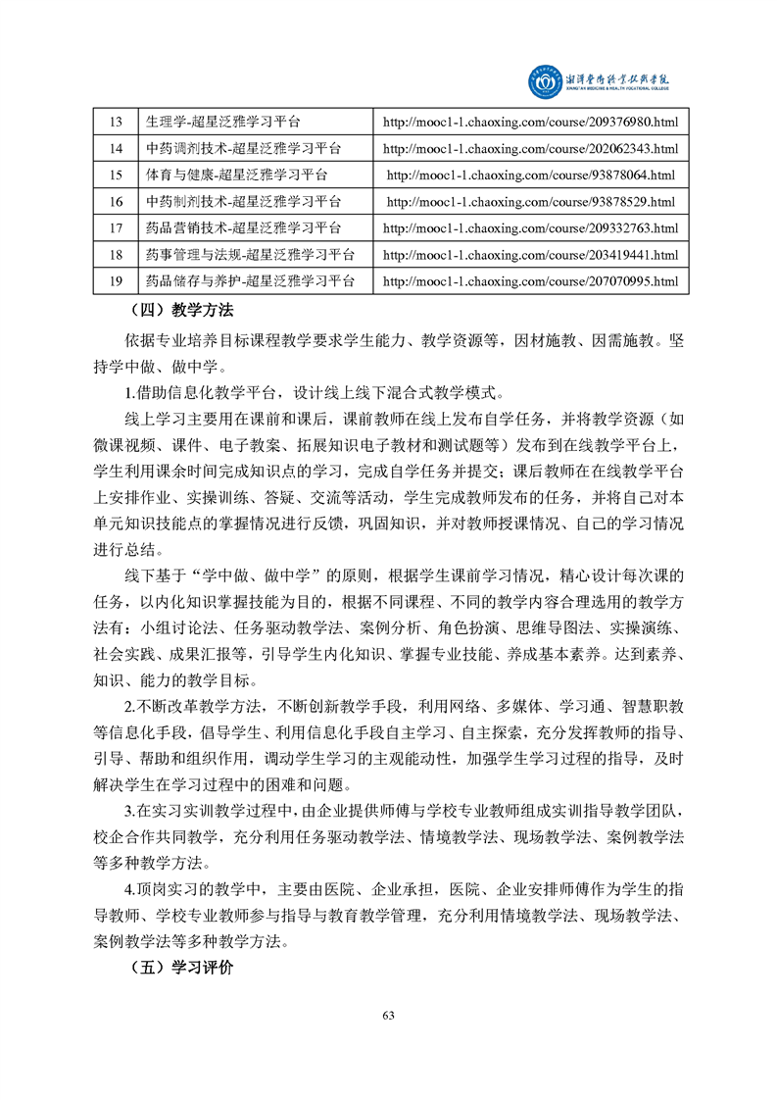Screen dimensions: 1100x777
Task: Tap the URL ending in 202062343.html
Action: (x=530, y=148)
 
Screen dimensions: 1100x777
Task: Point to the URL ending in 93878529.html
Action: (x=530, y=202)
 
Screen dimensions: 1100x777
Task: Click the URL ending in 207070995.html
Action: (x=530, y=281)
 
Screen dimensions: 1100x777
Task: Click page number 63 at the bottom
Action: (x=388, y=1015)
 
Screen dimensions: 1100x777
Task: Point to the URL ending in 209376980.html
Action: (x=530, y=122)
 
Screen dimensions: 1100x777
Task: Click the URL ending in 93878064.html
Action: (x=530, y=175)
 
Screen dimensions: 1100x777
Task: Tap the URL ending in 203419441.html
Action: (x=530, y=255)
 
